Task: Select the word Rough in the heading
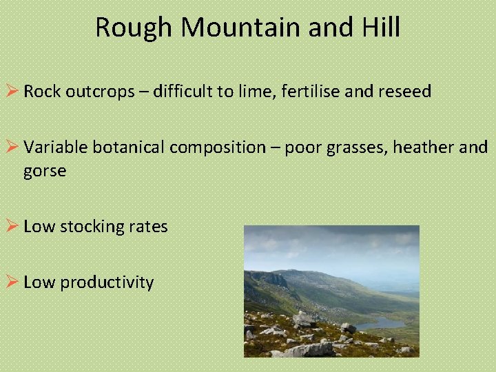pyautogui.click(x=132, y=28)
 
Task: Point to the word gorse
pyautogui.click(x=45, y=171)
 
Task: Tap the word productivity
pyautogui.click(x=107, y=282)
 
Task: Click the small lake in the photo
pyautogui.click(x=382, y=322)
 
